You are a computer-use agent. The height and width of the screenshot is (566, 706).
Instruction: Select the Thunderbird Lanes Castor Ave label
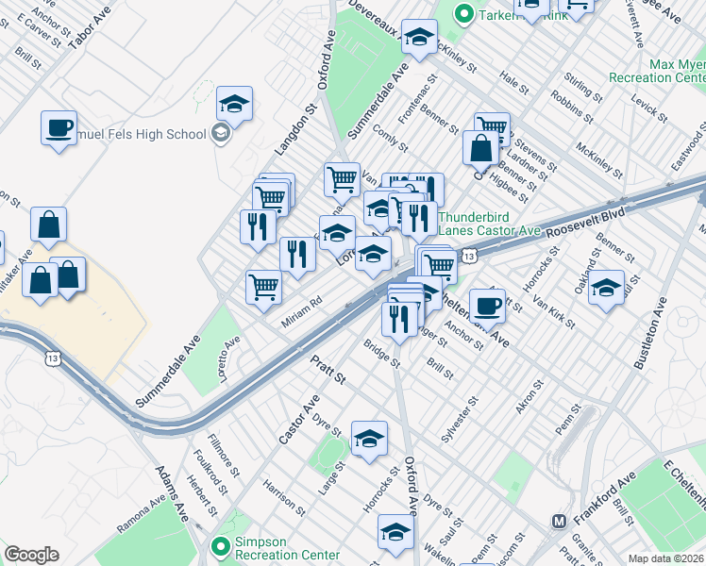point(489,223)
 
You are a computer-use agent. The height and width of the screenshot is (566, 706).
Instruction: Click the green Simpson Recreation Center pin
point(221,545)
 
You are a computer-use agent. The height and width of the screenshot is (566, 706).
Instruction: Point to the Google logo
point(31,555)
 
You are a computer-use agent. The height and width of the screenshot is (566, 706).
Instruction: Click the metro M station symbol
point(558,521)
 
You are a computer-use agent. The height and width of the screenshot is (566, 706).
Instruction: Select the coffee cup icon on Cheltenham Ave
point(487,305)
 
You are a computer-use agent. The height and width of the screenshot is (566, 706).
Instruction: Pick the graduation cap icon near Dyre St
point(370,439)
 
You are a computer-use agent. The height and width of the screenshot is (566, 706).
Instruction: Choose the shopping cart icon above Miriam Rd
point(264,287)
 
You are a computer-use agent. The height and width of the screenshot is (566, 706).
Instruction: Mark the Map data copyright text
point(665,558)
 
